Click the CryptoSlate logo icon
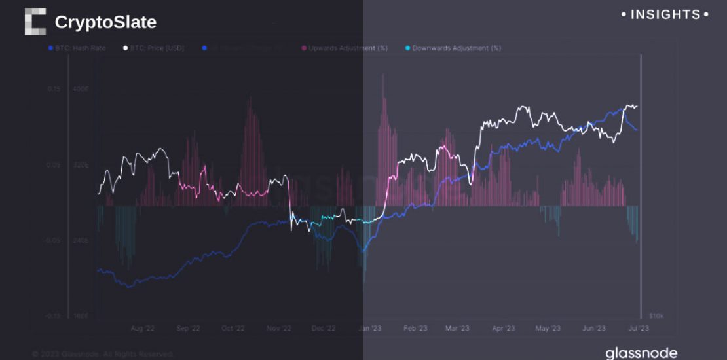(35, 22)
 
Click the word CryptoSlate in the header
(105, 22)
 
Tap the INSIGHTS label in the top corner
(665, 14)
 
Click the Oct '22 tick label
(232, 329)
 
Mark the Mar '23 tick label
(457, 329)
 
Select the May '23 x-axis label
(547, 329)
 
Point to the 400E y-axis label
(81, 89)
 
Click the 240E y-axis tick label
(81, 241)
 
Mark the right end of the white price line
(637, 107)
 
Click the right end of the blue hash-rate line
(637, 130)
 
